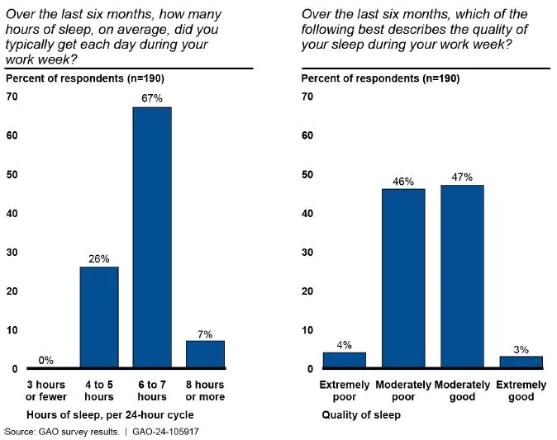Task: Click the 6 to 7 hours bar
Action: click(152, 238)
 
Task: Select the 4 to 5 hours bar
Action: click(98, 317)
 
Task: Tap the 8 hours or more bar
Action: click(205, 354)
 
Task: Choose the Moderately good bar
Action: click(463, 277)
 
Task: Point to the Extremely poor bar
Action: click(344, 360)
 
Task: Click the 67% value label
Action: click(152, 99)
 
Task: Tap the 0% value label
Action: click(45, 360)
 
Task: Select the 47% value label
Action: click(463, 177)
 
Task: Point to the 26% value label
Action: click(98, 258)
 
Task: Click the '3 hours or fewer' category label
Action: click(45, 390)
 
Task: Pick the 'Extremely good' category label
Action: click(521, 390)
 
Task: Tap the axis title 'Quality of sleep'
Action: click(361, 415)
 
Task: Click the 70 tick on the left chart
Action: click(12, 97)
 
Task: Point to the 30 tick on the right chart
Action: click(307, 253)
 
